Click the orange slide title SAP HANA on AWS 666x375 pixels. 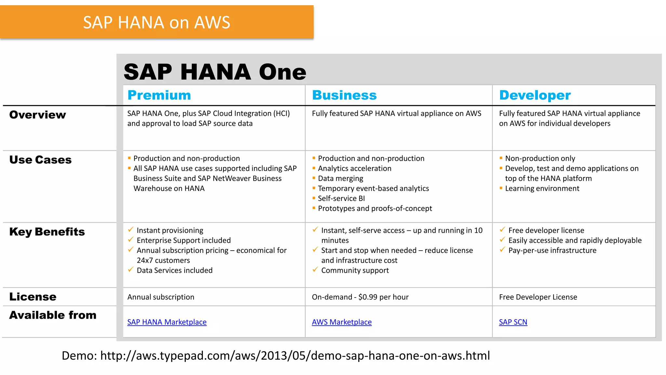pos(156,22)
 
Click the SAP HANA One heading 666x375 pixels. pos(215,72)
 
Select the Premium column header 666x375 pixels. pos(159,95)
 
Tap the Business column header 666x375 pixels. pos(344,95)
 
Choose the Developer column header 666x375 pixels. pos(535,95)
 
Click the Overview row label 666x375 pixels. pos(37,115)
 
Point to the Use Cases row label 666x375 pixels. pos(40,160)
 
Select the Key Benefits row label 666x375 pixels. pos(47,232)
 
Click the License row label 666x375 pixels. pos(33,297)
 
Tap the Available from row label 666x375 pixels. pos(53,315)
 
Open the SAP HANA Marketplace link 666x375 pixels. pos(167,322)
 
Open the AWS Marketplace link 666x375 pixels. pos(341,322)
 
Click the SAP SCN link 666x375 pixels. pos(513,322)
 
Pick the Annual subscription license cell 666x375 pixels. pos(161,297)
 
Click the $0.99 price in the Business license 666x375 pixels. pos(367,297)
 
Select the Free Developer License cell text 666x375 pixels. pos(538,297)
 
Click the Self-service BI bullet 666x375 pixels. pos(341,198)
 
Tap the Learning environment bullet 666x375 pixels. pos(542,188)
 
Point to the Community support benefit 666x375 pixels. pos(355,270)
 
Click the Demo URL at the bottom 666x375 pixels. pos(295,355)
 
